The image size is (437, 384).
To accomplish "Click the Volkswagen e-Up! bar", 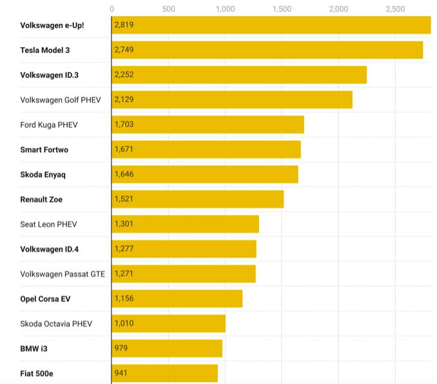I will [x=271, y=25].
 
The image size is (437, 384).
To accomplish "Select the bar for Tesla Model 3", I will [x=267, y=50].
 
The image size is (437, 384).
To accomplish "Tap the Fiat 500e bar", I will [x=164, y=373].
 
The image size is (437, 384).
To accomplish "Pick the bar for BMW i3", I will [x=167, y=349].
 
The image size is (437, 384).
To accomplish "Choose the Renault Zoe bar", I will [x=197, y=199].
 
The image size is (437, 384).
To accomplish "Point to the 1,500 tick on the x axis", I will [x=282, y=9].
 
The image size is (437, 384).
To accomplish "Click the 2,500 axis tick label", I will [x=395, y=9].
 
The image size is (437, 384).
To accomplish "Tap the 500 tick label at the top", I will [x=169, y=9].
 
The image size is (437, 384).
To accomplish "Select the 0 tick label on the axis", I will [x=112, y=9].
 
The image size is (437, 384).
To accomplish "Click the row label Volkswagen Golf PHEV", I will [x=60, y=100].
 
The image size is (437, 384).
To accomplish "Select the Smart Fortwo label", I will [x=44, y=150].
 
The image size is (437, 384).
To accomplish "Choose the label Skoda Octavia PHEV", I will [x=57, y=323].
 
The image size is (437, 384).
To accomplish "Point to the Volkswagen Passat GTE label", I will [x=63, y=274].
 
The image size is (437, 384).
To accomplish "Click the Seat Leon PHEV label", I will [x=49, y=224].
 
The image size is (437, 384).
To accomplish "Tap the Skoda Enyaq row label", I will [x=43, y=174].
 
